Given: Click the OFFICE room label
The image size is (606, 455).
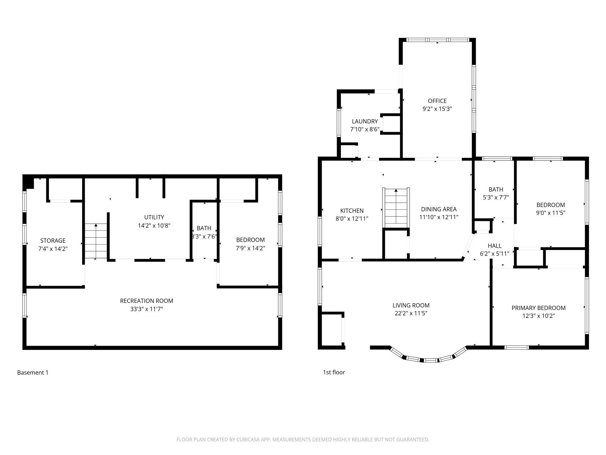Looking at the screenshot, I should (x=437, y=101).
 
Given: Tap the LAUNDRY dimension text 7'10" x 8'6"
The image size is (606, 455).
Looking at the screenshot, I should (x=365, y=129).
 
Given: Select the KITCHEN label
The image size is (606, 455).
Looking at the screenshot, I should (x=352, y=211).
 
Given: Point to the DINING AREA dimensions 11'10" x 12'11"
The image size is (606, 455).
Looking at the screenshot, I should (x=439, y=217).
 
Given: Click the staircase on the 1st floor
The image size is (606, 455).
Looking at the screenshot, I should (x=396, y=208).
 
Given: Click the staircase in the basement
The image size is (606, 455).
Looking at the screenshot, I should (x=96, y=241).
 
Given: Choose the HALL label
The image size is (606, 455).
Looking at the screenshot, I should (x=494, y=246).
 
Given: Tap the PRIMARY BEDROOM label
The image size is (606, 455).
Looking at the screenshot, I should (x=538, y=308).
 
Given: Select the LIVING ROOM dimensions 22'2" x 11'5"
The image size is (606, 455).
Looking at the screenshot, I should (x=411, y=313).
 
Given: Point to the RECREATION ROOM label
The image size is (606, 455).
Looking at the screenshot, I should (x=147, y=301).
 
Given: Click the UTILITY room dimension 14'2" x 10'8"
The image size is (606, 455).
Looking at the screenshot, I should (x=154, y=225).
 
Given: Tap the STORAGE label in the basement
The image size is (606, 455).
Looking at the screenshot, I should (x=53, y=241).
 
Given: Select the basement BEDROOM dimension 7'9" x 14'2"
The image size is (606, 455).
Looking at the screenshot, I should (x=250, y=248).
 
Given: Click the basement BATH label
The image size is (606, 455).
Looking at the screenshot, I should (x=204, y=228).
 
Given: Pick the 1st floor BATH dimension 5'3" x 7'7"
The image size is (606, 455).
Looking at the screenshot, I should (x=496, y=197).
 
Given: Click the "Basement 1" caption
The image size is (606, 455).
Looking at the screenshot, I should (x=33, y=372).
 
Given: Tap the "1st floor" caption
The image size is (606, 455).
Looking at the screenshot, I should (x=334, y=372).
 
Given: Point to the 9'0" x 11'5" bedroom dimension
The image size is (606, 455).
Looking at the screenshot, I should (x=551, y=213).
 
